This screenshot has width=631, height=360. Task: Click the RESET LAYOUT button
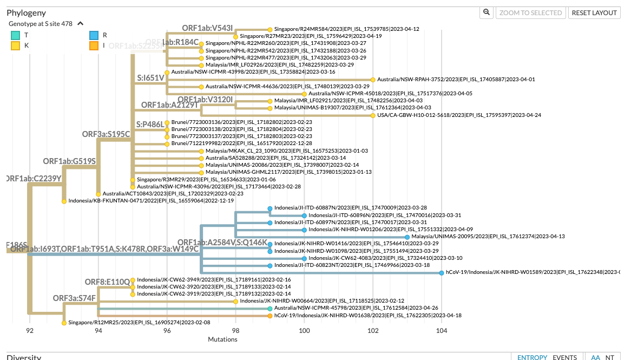[x=594, y=12]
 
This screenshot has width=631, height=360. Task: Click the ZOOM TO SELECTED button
[x=530, y=12]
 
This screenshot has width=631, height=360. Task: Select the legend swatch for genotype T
[x=16, y=35]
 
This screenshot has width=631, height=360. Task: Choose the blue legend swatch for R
[x=94, y=35]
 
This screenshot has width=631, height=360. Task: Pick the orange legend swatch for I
[x=94, y=45]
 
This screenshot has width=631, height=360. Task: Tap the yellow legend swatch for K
[x=16, y=45]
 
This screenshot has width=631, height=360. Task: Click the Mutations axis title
[x=222, y=339]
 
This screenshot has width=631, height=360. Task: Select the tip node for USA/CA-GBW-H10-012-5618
[x=373, y=115]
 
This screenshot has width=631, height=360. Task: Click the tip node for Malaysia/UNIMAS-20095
[x=407, y=237]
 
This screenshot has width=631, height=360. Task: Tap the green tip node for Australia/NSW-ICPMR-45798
[x=270, y=308]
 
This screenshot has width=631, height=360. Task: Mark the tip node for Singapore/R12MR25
[x=64, y=323]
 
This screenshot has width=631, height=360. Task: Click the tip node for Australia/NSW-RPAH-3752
[x=373, y=80]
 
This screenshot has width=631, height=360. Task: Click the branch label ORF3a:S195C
[x=106, y=134]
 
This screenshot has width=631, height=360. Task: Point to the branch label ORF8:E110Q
[x=107, y=282]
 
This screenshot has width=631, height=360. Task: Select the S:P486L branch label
[x=150, y=125]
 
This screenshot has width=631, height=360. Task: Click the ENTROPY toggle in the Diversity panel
[x=532, y=357]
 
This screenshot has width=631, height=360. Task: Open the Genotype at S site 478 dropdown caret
[x=81, y=24]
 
